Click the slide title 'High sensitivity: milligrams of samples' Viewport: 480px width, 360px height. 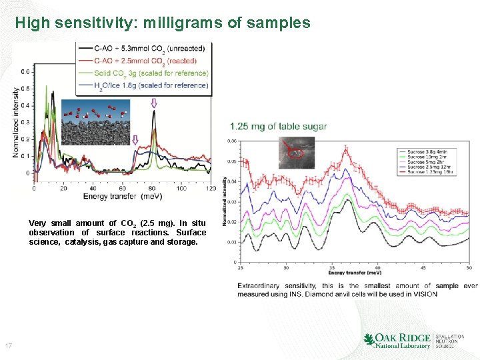pyautogui.click(x=163, y=23)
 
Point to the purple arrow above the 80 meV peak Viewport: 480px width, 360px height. pyautogui.click(x=154, y=103)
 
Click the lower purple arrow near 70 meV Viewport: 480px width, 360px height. pyautogui.click(x=135, y=140)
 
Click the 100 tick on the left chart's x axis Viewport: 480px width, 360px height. pyautogui.click(x=181, y=188)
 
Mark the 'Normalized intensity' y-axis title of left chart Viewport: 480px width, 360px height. pyautogui.click(x=15, y=123)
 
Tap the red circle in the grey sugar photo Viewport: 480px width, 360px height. pyautogui.click(x=292, y=151)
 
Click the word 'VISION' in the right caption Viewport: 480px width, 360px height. pyautogui.click(x=424, y=294)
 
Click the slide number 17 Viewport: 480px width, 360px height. pyautogui.click(x=9, y=345)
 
